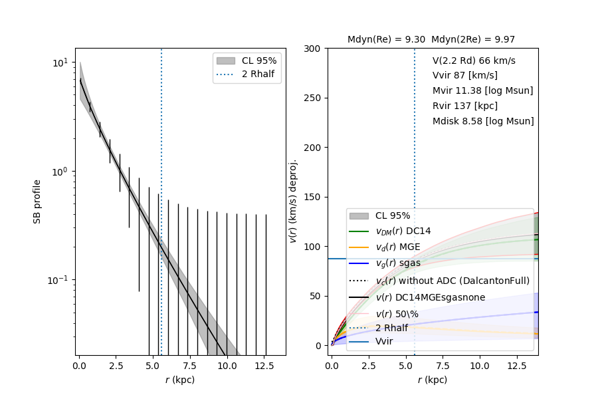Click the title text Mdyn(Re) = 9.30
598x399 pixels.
pyautogui.click(x=386, y=40)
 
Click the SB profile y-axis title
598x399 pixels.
pyautogui.click(x=38, y=201)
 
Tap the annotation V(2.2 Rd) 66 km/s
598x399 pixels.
pyautogui.click(x=474, y=61)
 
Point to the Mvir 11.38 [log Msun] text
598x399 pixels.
pyautogui.click(x=482, y=90)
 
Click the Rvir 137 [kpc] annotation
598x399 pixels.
pyautogui.click(x=464, y=106)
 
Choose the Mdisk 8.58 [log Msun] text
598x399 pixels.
pyautogui.click(x=483, y=121)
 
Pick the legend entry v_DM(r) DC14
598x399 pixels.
pyautogui.click(x=403, y=231)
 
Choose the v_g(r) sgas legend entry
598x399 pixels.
pyautogui.click(x=398, y=263)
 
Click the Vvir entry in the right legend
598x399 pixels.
pyautogui.click(x=384, y=341)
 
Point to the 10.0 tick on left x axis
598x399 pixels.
pyautogui.click(x=227, y=366)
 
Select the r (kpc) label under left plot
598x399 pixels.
pyautogui.click(x=180, y=380)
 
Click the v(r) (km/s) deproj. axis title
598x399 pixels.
pyautogui.click(x=293, y=201)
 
